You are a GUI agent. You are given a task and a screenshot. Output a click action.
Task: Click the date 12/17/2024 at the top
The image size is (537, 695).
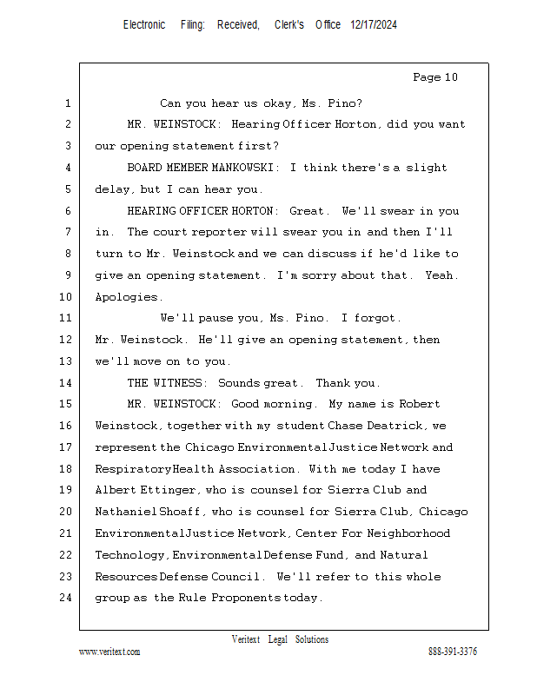(374, 25)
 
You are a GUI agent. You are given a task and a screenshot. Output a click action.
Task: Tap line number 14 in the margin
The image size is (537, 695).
(67, 382)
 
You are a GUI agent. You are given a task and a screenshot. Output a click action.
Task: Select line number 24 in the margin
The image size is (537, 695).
(67, 598)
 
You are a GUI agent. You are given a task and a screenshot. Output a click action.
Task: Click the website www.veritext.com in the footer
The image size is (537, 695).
(109, 652)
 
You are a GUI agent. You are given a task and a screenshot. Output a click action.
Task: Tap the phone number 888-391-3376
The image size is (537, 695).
(452, 652)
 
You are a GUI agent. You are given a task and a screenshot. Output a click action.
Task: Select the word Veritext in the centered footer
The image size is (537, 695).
(246, 639)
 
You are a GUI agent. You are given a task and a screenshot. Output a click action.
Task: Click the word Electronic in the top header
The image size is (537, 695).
(144, 25)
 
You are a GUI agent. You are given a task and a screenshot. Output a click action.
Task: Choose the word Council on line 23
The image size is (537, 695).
(235, 577)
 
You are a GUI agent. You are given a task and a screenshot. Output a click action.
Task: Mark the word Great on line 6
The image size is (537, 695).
(308, 211)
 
